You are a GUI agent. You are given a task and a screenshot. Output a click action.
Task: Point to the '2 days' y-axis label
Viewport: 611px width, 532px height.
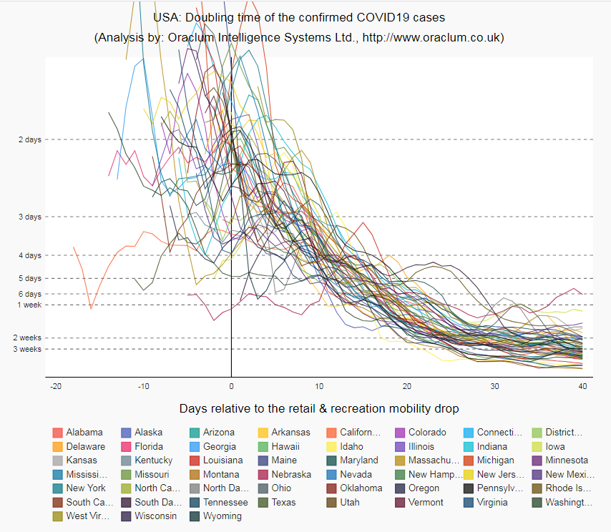29,139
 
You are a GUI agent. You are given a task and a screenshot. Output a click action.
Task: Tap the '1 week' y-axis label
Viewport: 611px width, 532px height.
29,305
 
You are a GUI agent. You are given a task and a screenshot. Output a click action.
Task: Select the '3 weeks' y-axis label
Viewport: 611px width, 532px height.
28,349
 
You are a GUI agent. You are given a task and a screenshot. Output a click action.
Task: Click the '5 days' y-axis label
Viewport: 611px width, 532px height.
29,278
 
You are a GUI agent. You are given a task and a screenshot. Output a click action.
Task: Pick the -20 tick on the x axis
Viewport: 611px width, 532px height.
55,387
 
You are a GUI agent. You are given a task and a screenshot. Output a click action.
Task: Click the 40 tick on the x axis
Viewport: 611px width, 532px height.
582,387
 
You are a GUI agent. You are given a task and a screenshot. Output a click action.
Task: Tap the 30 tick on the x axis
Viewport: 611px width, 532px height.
494,387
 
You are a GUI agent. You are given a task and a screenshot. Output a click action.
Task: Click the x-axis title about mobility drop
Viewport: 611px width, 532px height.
319,409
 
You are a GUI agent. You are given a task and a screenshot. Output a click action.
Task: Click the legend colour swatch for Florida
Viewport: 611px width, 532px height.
127,447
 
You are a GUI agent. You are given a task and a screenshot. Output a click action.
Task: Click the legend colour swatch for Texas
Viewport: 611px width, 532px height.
264,503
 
